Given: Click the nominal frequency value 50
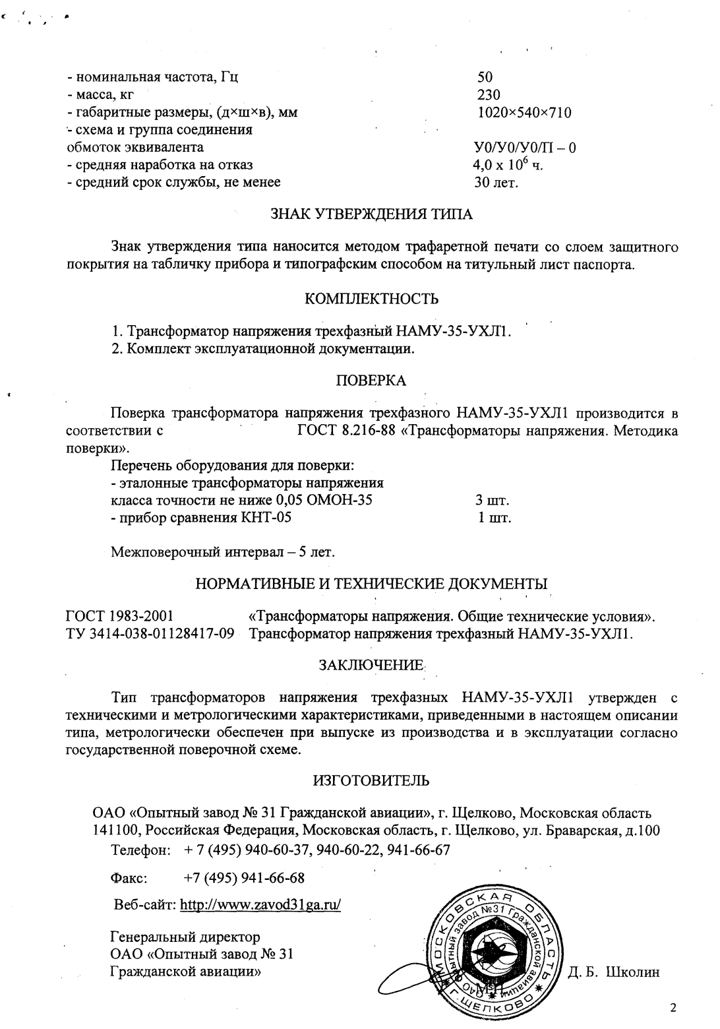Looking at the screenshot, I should [485, 77].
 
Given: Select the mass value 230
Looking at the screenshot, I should [489, 95].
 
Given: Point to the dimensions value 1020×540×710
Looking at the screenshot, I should [524, 113].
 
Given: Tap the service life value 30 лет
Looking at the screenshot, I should [496, 183].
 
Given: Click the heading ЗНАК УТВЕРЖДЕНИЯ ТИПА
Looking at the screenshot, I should [372, 214].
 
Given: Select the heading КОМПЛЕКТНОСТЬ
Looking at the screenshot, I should [372, 299].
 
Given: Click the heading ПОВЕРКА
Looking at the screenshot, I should [371, 381].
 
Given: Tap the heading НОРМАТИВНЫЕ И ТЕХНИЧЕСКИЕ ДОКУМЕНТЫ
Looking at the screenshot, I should [372, 584].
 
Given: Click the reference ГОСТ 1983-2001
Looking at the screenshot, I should [120, 617].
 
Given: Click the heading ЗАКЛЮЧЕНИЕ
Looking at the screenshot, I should [371, 666].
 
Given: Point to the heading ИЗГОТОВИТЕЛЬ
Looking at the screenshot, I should [371, 781].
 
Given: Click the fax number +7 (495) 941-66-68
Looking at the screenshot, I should [244, 879].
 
